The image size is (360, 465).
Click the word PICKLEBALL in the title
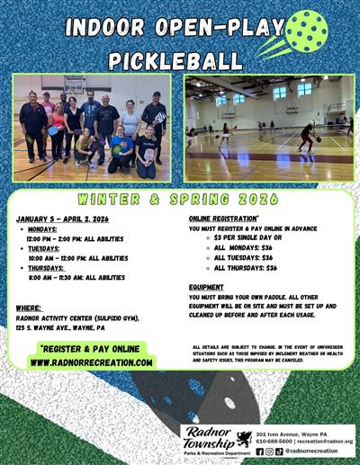pyautogui.click(x=175, y=61)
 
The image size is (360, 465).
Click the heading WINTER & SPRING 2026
pyautogui.click(x=181, y=199)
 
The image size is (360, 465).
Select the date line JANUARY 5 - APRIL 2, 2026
pyautogui.click(x=62, y=219)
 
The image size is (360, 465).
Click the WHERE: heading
pyautogui.click(x=29, y=309)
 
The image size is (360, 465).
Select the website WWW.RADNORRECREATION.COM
pyautogui.click(x=90, y=362)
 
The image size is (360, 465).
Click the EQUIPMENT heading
pyautogui.click(x=207, y=288)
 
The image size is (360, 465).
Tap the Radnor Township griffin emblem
pyautogui.click(x=242, y=439)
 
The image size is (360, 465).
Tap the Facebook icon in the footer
pyautogui.click(x=260, y=452)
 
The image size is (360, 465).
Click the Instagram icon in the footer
pyautogui.click(x=269, y=452)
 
